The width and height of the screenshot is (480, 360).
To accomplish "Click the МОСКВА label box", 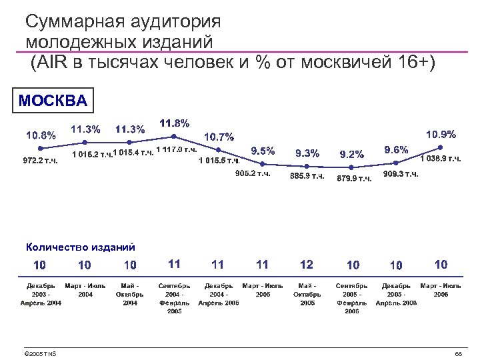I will [x=53, y=101].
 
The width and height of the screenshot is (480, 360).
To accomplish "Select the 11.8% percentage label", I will [x=175, y=123].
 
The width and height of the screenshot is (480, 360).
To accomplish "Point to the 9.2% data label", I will [x=352, y=155].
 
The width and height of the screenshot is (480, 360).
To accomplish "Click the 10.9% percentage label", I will [x=441, y=134].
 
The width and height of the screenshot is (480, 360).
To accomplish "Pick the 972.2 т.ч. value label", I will [x=41, y=161].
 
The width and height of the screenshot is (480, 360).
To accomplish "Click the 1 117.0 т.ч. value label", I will [x=176, y=149].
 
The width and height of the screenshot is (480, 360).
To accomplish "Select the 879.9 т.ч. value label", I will [x=355, y=178].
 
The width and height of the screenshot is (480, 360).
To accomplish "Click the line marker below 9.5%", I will [x=263, y=164].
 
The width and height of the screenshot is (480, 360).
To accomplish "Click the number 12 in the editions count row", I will [x=307, y=265].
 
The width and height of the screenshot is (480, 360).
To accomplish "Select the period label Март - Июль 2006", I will [x=441, y=290].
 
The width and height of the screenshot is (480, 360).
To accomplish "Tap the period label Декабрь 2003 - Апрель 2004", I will [x=41, y=294].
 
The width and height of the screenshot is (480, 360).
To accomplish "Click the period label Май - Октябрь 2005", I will [x=307, y=294].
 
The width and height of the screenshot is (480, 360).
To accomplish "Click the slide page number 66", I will [x=458, y=353].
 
